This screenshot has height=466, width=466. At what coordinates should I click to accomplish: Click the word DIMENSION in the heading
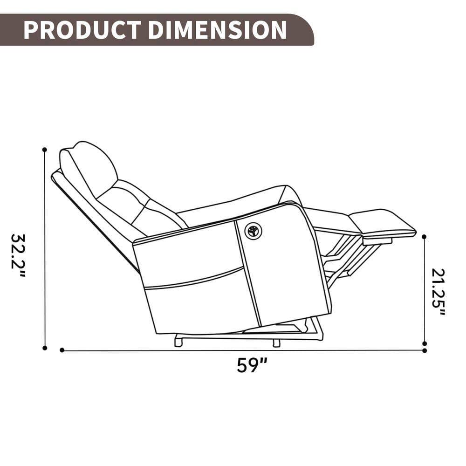217,30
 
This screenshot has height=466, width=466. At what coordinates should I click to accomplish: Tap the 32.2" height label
18,255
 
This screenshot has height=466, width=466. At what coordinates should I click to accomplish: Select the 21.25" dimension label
439,291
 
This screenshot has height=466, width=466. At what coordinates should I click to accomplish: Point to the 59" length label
252,365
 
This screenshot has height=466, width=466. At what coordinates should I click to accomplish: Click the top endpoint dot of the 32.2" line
45,150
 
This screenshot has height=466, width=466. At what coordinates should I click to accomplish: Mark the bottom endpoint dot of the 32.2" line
45,348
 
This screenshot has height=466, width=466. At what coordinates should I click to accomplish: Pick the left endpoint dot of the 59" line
62,350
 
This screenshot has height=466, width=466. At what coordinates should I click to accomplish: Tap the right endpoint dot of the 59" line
424,350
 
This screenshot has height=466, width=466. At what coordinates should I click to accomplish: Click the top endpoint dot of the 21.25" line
424,237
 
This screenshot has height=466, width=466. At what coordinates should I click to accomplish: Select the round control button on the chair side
254,231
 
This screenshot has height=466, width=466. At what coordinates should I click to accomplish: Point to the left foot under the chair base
178,342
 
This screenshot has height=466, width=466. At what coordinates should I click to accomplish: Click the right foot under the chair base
276,343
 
